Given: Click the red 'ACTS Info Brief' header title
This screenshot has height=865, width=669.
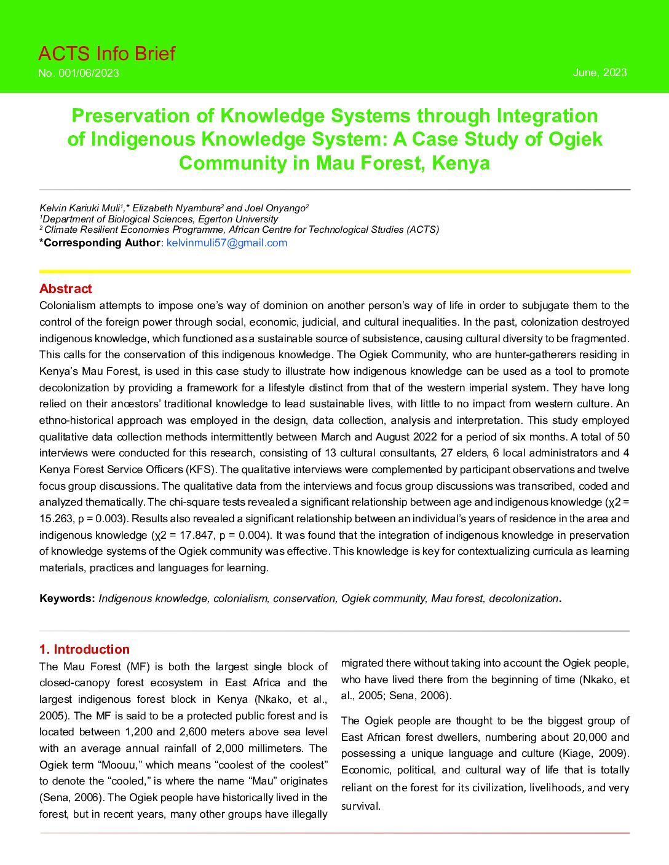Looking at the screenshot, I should [106, 54].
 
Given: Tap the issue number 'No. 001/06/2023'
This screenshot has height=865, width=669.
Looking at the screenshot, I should [79, 73].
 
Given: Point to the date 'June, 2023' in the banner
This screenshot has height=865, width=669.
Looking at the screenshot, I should [600, 72].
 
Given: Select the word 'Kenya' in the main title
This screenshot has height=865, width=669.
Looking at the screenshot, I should [461, 163].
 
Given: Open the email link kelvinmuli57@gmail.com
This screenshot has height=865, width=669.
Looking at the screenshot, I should [227, 243].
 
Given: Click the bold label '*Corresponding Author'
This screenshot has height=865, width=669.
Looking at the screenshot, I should [100, 243].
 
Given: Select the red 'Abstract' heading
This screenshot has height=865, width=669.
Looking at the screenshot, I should [65, 289].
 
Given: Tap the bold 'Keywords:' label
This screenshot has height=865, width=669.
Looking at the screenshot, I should [67, 598].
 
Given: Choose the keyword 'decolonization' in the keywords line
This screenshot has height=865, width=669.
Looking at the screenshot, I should [523, 598].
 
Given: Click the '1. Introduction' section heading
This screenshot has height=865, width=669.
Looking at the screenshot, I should [84, 649].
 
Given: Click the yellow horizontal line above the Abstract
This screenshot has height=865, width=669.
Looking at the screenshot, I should [334, 271].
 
